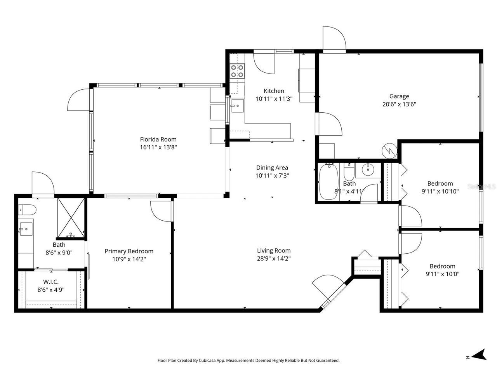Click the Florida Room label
158,139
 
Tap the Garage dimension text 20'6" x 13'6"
399,104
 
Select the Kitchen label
274,91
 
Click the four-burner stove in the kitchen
237,71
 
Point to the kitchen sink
237,105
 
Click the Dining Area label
272,167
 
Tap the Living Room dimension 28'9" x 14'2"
274,258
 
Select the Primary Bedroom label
129,251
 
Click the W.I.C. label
50,282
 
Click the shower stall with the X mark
71,218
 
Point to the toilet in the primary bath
27,210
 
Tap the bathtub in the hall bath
328,182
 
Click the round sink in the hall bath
367,169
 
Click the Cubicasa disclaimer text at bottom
248,361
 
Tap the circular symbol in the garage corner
388,150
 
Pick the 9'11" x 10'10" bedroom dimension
440,191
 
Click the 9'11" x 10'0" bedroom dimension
442,274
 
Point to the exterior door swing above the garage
334,39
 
